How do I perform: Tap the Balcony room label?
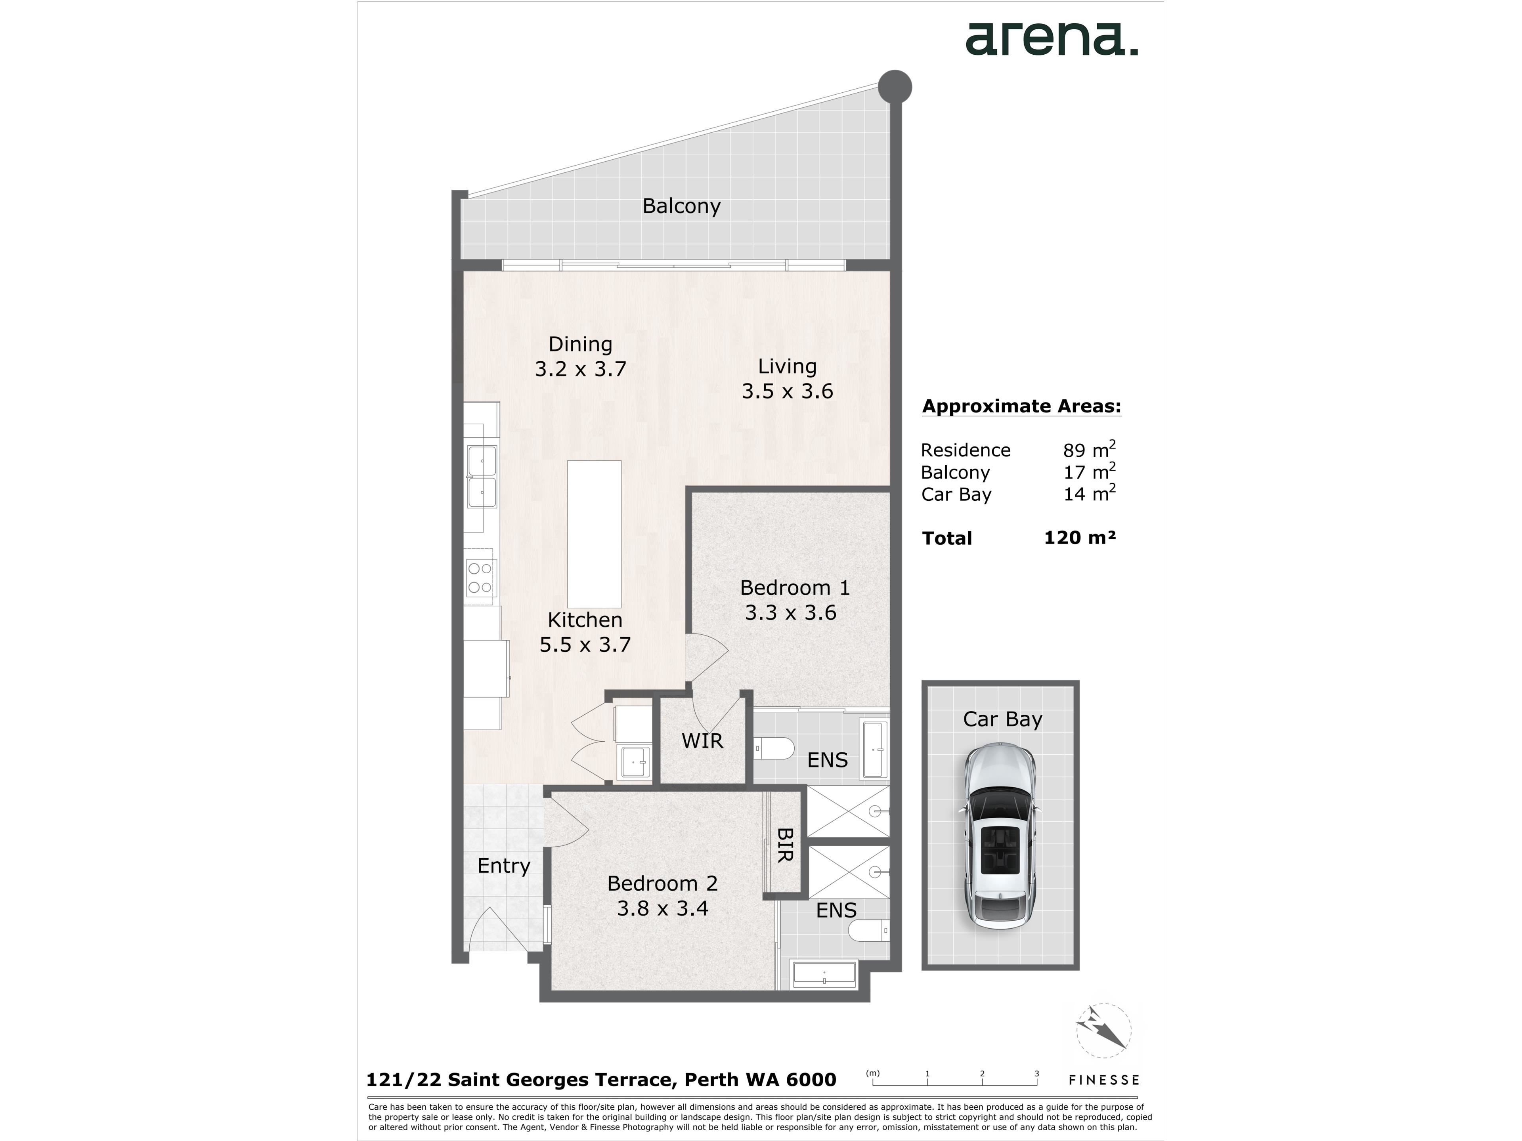(x=681, y=206)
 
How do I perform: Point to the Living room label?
(x=787, y=366)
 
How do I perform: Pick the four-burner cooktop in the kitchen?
(x=480, y=578)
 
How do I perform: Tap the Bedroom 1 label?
(x=795, y=588)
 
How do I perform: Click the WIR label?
(x=702, y=741)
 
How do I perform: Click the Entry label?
(x=504, y=866)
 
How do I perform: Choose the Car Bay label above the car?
(x=1002, y=719)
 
